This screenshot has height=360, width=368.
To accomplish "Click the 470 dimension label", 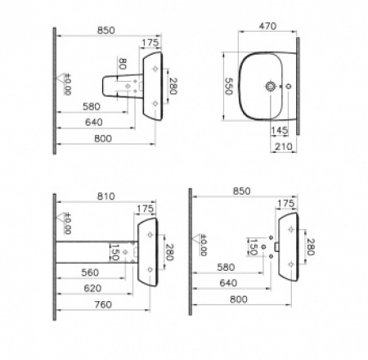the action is tap(267, 26).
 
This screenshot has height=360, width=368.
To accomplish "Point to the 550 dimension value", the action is tap(229, 86).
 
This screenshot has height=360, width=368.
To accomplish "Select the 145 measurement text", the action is tap(280, 130).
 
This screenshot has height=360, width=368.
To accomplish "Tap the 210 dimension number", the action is tap(284, 146).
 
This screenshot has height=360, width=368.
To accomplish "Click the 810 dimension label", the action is tap(106, 196).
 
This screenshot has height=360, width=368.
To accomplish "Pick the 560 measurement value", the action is tap(90, 272).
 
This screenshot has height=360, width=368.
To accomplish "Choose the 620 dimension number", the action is tap(92, 288).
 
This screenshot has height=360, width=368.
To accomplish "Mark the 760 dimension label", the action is tap(103, 304).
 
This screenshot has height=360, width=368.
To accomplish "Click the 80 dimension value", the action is tap(123, 64).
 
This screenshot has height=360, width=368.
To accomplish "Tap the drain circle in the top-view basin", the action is tap(271, 87).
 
